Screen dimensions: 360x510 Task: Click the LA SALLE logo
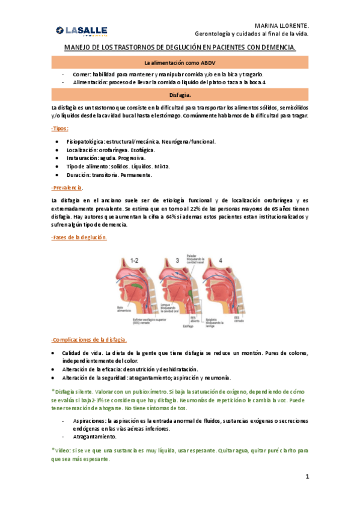81,31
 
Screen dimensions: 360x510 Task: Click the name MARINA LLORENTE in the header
281,26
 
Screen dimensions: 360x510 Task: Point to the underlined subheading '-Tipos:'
60,129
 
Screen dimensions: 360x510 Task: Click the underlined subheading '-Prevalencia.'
67,188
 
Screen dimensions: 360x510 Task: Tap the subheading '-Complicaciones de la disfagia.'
88,339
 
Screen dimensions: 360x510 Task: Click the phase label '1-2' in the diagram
135,260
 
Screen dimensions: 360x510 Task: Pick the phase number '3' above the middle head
177,260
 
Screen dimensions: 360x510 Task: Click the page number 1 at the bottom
307,477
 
